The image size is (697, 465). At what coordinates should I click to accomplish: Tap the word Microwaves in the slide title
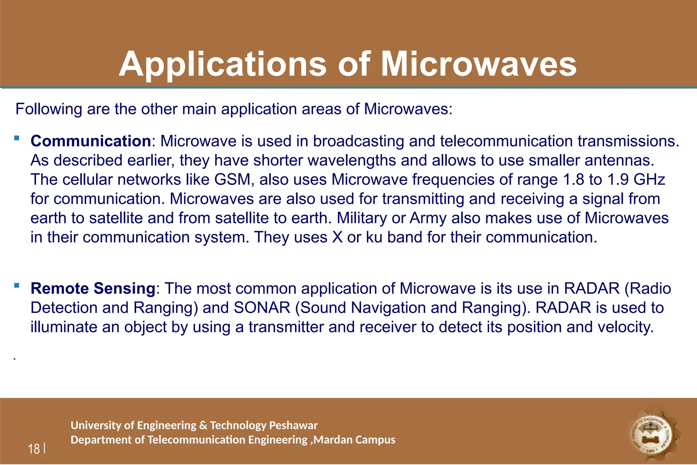click(x=479, y=65)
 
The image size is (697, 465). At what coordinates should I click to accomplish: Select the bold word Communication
click(x=91, y=141)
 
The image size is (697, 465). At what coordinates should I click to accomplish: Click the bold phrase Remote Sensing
click(x=93, y=289)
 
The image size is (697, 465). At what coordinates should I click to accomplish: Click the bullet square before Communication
click(x=17, y=138)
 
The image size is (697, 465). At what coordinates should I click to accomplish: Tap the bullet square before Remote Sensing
click(x=17, y=286)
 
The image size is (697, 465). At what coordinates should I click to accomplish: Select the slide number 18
click(x=34, y=449)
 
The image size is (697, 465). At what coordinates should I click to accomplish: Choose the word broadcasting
click(x=359, y=141)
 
